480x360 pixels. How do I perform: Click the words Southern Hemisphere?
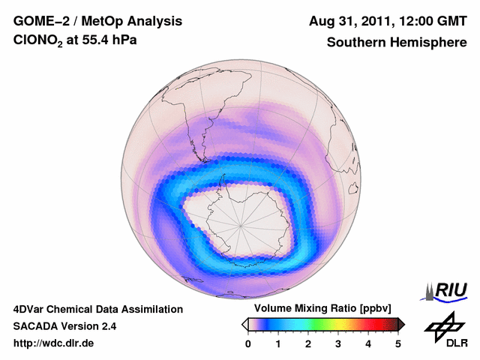tap(397, 43)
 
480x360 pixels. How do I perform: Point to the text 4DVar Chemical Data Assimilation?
tap(97, 309)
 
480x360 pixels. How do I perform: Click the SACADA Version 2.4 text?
tap(64, 326)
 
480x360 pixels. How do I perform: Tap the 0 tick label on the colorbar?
tap(248, 343)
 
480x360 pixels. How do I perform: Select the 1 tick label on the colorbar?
tap(278, 343)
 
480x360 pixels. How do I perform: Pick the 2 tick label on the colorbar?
tap(308, 343)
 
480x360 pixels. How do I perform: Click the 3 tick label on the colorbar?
tap(338, 343)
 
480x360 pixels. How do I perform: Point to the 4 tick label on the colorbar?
tap(368, 343)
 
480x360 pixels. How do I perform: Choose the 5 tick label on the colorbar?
tap(398, 343)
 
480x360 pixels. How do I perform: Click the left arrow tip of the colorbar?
tap(244, 324)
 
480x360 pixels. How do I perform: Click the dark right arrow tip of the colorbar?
tap(402, 324)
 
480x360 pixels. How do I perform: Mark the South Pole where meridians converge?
tap(241, 224)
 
